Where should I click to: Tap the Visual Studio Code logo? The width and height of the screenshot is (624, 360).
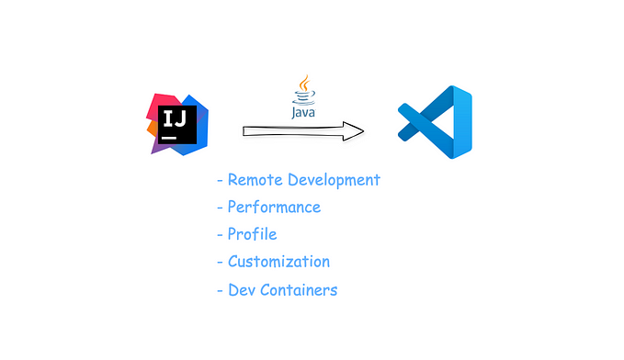click(434, 125)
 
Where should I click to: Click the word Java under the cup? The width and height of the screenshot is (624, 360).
click(304, 113)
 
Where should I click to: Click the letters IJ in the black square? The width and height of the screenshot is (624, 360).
click(173, 118)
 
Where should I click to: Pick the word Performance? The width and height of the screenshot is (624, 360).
click(274, 208)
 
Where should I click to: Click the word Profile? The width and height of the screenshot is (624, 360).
click(252, 234)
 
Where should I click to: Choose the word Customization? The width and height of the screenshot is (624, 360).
click(278, 262)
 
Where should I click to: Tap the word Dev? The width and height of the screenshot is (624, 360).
click(242, 290)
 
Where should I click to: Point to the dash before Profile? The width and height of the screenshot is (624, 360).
click(220, 235)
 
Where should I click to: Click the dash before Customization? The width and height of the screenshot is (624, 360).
click(220, 263)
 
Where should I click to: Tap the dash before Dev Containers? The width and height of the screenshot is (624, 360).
click(220, 291)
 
